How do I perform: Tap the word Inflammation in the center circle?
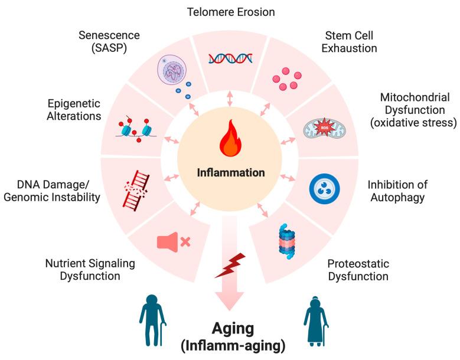tap(230, 173)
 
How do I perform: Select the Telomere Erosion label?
tap(231, 11)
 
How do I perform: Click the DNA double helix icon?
tap(230, 58)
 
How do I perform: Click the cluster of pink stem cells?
tap(286, 80)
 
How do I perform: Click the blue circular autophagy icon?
tap(324, 187)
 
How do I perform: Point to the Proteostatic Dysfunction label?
tap(358, 270)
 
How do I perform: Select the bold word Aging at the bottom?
tap(230, 329)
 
